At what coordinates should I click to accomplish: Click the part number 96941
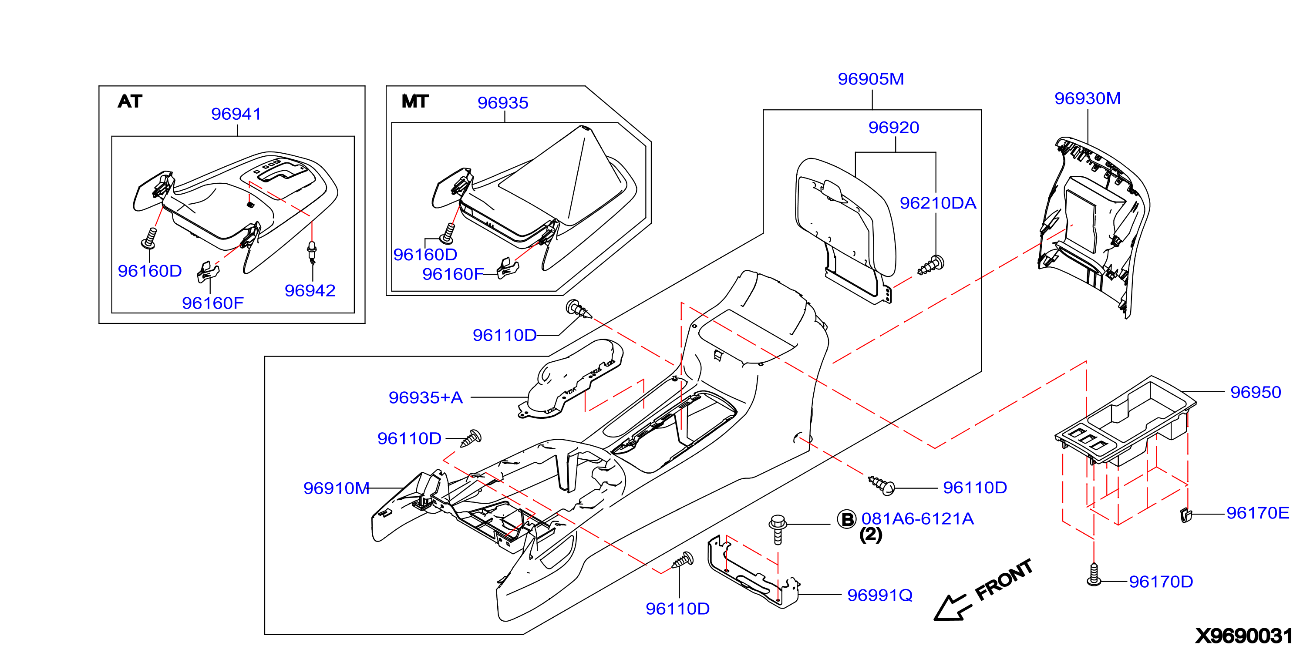click(x=236, y=114)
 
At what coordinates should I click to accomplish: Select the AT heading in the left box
click(x=130, y=101)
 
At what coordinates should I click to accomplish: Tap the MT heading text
click(x=415, y=101)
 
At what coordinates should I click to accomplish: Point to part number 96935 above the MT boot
click(x=503, y=103)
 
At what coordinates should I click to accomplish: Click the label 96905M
click(x=871, y=79)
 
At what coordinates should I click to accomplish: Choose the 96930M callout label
click(x=1088, y=98)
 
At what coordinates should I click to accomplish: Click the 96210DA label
click(x=938, y=203)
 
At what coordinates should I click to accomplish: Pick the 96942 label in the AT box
click(x=310, y=291)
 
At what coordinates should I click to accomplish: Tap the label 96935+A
click(x=425, y=398)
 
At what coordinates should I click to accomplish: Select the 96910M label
click(x=336, y=488)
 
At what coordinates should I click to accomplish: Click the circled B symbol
click(x=846, y=519)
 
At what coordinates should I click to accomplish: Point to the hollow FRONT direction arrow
click(x=952, y=607)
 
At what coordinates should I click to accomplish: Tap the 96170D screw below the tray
click(x=1094, y=574)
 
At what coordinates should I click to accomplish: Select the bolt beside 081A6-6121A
click(x=778, y=529)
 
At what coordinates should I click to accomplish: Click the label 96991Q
click(x=879, y=596)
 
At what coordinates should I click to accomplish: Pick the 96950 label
click(x=1256, y=392)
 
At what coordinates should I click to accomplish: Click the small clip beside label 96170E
click(x=1186, y=515)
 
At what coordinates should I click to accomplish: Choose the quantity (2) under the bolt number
click(x=871, y=535)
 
